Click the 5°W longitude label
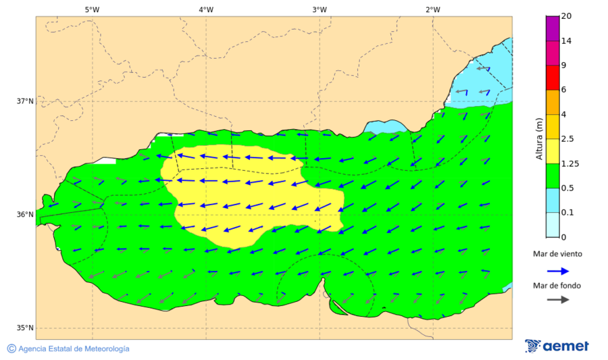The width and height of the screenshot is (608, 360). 92,9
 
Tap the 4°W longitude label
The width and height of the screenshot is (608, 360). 205,9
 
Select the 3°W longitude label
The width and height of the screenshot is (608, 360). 319,9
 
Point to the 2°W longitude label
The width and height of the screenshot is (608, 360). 433,9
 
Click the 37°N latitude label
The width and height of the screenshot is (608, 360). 25,101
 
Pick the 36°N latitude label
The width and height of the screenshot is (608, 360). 25,215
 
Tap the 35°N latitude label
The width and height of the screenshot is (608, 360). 25,328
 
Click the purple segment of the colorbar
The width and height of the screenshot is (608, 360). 552,28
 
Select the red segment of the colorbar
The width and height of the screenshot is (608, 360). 552,77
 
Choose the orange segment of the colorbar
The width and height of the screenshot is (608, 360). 552,102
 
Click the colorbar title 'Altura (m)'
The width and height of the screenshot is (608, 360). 538,138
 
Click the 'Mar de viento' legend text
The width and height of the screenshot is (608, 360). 557,254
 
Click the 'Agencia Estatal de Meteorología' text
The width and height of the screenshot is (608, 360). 74,349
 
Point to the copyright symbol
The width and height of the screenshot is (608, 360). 11,349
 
